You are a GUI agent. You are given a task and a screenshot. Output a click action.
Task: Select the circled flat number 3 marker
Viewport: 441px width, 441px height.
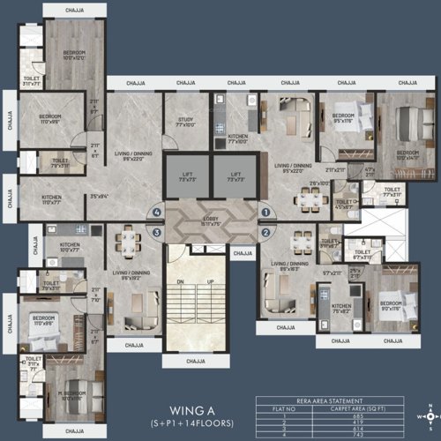pos(157,233)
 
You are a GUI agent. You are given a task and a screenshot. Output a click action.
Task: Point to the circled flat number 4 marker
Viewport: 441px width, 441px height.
pos(157,212)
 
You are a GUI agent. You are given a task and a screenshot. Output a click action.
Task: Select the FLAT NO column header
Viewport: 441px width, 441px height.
pos(288,407)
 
